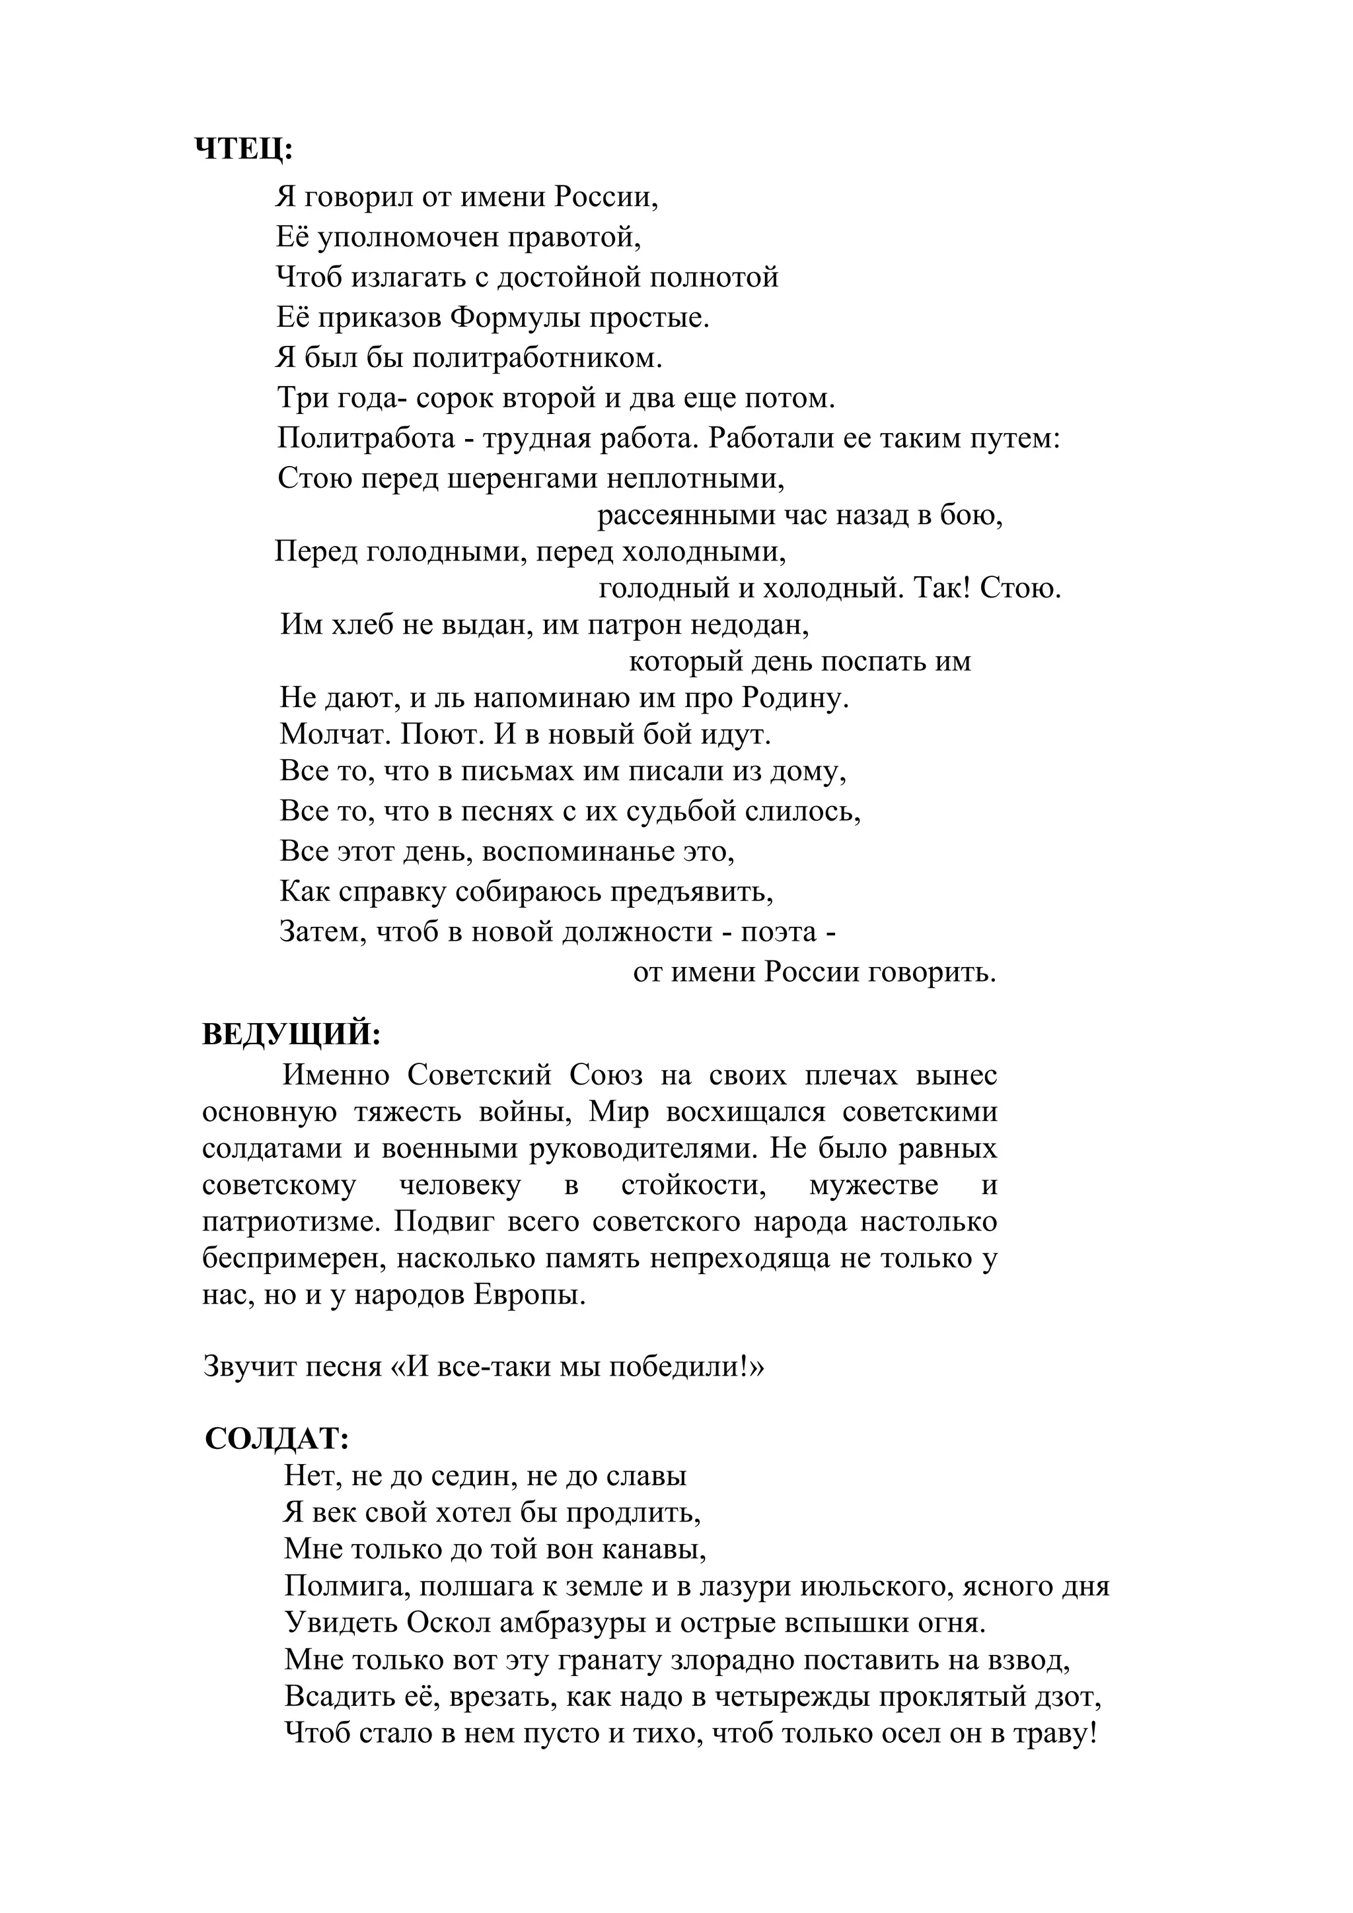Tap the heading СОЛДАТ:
[x=277, y=1438]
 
